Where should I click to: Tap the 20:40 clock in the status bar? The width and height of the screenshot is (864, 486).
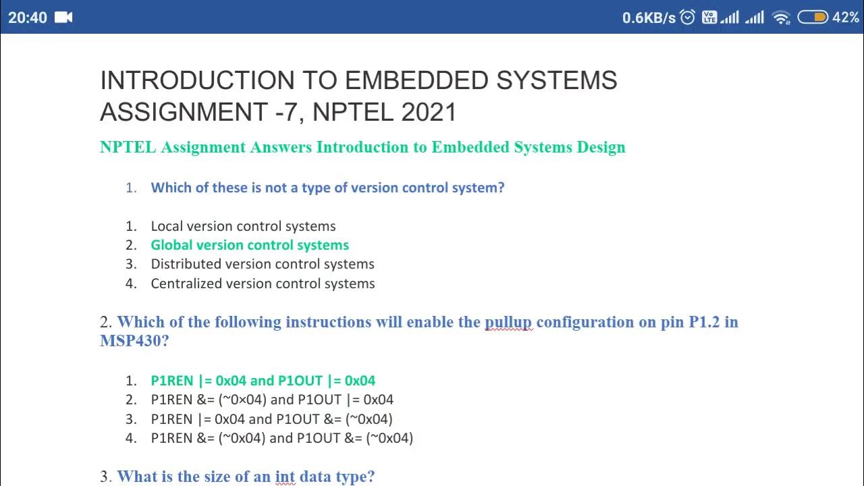point(28,18)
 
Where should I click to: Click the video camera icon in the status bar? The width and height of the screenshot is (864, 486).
point(63,18)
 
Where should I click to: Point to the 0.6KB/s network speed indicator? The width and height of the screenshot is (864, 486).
point(648,18)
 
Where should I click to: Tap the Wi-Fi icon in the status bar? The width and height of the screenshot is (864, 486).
point(781,18)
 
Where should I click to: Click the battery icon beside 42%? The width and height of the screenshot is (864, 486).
point(812,18)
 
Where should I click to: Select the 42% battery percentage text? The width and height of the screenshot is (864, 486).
point(846,18)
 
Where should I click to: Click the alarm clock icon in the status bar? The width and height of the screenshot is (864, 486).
point(688,18)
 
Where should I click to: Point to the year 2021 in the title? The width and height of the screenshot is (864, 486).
point(429,112)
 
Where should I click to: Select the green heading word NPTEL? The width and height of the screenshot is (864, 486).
point(128,147)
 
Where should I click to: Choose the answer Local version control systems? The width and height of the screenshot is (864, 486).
point(243,226)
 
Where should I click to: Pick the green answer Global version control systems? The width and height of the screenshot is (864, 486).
point(250,245)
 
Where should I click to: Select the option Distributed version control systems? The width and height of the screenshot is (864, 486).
point(262,264)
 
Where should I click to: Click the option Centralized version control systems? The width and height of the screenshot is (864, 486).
point(263,283)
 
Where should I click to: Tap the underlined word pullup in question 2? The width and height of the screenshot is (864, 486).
point(508,322)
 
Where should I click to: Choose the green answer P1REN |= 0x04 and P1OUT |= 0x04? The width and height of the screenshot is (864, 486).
point(263,381)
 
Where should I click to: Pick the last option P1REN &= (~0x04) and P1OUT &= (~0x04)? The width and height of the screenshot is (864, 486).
point(281,438)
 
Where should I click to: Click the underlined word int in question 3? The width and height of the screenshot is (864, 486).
point(285,477)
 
